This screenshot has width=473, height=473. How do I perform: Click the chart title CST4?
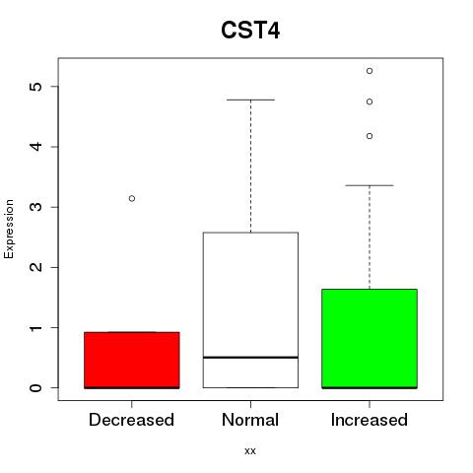coord(250,31)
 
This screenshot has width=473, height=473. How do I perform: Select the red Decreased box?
coord(132,360)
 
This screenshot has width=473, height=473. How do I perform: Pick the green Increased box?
coord(370,339)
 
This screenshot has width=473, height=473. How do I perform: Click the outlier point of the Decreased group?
coord(132,198)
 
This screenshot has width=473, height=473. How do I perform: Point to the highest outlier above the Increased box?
coord(370,71)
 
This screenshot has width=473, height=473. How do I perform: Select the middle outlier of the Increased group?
coord(370,101)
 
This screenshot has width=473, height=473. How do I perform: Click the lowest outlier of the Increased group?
coord(370,136)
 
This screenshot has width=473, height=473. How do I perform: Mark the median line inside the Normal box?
coord(250,357)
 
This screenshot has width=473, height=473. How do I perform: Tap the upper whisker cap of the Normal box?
coord(250,100)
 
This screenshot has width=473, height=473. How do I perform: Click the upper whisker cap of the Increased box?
coord(370,185)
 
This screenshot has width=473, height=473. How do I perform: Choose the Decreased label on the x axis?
coord(131,420)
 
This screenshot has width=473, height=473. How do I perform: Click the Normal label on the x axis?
coord(250,420)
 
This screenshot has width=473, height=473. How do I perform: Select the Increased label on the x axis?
coord(370,420)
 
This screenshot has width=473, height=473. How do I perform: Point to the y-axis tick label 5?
coord(36,87)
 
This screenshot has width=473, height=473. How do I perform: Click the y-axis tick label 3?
coord(36,207)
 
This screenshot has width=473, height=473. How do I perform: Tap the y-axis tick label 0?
coord(36,388)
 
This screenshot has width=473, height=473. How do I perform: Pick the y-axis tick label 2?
coord(36,267)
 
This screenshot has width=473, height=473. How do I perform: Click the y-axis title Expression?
coord(9,229)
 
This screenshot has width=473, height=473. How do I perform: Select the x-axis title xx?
coord(250,451)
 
